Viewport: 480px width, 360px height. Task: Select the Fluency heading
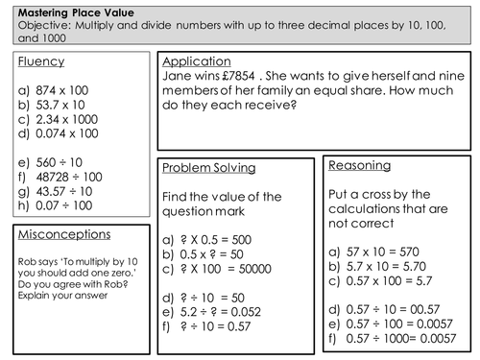pos(41,62)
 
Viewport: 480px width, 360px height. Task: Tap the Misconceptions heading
pos(63,234)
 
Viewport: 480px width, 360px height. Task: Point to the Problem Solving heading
pos(209,168)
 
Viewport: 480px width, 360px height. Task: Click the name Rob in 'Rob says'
pos(28,258)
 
